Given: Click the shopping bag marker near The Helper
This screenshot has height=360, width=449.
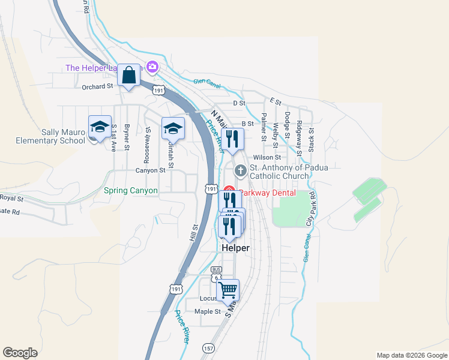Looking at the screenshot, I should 129,76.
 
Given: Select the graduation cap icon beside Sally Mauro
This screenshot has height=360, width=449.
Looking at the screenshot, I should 100,127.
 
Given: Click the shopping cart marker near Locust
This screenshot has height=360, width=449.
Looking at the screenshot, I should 228,290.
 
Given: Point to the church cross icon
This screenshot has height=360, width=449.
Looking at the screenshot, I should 240,172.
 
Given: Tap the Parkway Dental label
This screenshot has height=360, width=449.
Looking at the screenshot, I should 267,193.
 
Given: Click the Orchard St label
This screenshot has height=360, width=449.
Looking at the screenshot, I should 97,86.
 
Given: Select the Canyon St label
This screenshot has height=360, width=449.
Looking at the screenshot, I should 150,170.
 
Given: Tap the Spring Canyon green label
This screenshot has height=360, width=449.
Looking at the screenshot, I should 131,191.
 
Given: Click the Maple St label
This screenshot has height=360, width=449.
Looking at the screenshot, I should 208,311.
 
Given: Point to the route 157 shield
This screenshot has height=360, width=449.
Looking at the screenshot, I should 208,348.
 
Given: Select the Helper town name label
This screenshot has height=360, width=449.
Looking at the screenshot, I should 235,248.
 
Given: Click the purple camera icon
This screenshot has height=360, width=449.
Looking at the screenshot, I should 152,66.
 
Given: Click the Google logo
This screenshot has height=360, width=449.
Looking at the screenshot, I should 20,353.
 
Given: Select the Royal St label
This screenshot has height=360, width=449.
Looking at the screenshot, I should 11,198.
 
